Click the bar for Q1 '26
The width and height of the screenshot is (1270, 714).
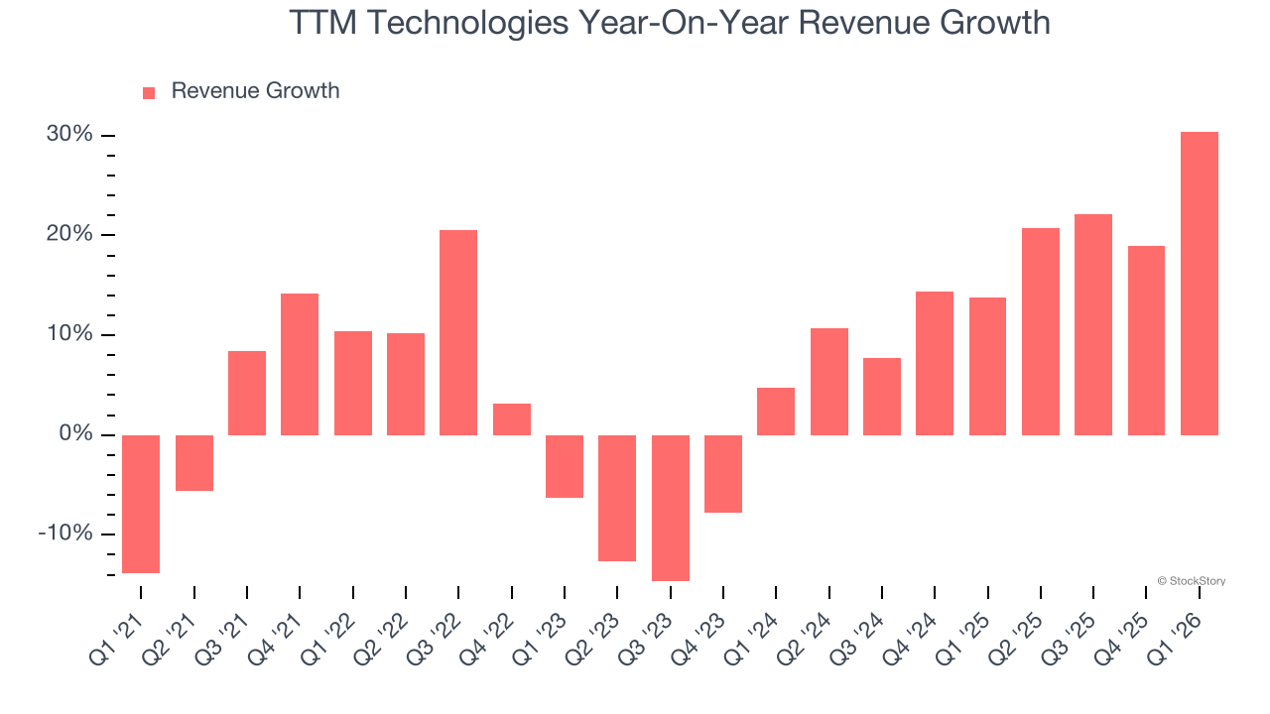coord(1199,284)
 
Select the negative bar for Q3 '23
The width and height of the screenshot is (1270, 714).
coord(670,508)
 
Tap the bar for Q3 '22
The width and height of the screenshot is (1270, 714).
coord(458,332)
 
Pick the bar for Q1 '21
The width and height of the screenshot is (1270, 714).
coord(141,504)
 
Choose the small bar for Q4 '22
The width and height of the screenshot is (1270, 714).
coord(511,419)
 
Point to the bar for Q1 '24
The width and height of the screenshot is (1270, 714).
coord(776,412)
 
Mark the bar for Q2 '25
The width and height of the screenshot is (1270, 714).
coord(1040,331)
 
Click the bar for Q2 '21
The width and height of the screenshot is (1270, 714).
coord(193,463)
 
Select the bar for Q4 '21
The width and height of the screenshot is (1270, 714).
coord(300,364)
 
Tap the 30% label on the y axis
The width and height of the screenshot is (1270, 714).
coord(69,134)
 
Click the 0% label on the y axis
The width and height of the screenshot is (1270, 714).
coord(75,434)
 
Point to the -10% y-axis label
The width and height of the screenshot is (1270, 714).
coord(65,534)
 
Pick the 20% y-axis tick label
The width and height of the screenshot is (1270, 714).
coord(69,234)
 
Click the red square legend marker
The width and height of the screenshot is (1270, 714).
coord(149,92)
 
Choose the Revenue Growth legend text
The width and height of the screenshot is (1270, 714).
coord(255,91)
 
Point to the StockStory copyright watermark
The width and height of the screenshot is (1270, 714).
coord(1191,581)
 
